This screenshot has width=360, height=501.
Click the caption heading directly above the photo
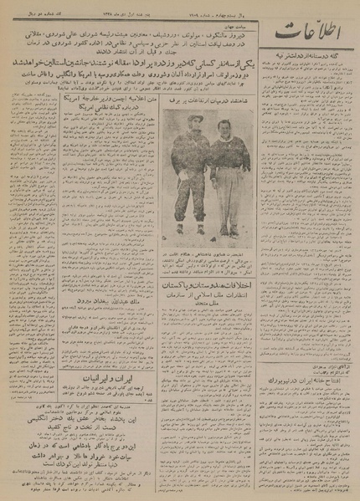pyautogui.click(x=202, y=125)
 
